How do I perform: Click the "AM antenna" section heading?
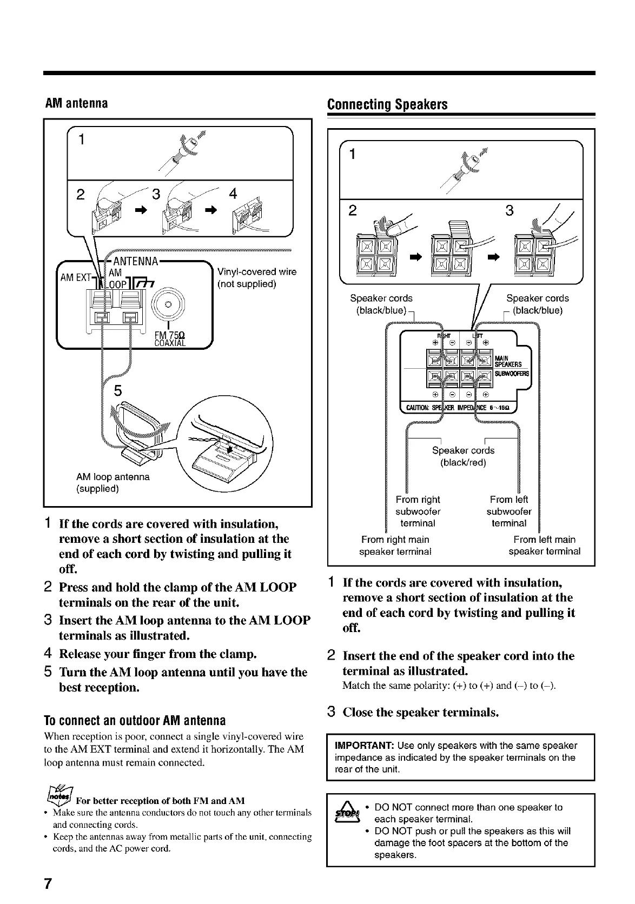(x=76, y=103)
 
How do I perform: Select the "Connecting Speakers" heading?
(x=388, y=104)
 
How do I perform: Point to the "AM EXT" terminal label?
(x=75, y=278)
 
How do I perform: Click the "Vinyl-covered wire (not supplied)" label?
(x=256, y=277)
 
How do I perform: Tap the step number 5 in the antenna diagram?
(x=117, y=390)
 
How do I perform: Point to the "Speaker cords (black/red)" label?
(x=463, y=456)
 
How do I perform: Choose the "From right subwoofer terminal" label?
(x=418, y=511)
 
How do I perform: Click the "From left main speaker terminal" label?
(x=544, y=545)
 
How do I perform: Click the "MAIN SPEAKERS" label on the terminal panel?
(x=508, y=360)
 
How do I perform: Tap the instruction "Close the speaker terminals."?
(x=420, y=712)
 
